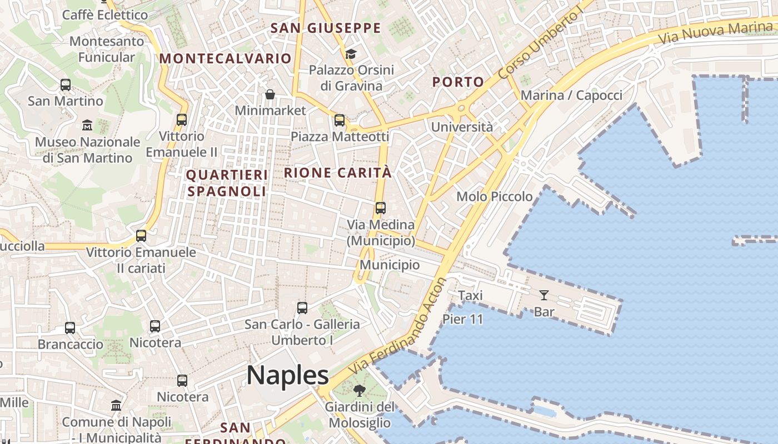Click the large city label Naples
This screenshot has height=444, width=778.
click(x=288, y=376)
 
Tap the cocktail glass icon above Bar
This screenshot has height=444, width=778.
click(x=544, y=295)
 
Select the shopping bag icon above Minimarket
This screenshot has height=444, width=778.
click(x=270, y=94)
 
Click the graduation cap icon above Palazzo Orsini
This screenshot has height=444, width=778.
click(x=351, y=54)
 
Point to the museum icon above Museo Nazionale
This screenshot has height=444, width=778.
click(x=87, y=125)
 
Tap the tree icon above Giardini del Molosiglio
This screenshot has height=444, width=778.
click(x=360, y=391)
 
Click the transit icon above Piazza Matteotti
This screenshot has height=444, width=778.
click(x=340, y=120)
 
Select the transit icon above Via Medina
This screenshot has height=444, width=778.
click(x=381, y=208)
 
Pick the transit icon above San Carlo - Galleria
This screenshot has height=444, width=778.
click(x=302, y=307)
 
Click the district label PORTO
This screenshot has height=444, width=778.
click(x=458, y=82)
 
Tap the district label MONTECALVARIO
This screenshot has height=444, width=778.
click(x=226, y=58)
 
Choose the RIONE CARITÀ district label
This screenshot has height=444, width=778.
click(x=338, y=173)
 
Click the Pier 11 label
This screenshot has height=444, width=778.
click(x=463, y=319)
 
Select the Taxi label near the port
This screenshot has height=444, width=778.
click(x=470, y=295)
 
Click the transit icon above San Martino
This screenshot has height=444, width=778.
click(x=66, y=85)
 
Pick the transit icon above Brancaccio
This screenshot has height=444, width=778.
click(x=70, y=328)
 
